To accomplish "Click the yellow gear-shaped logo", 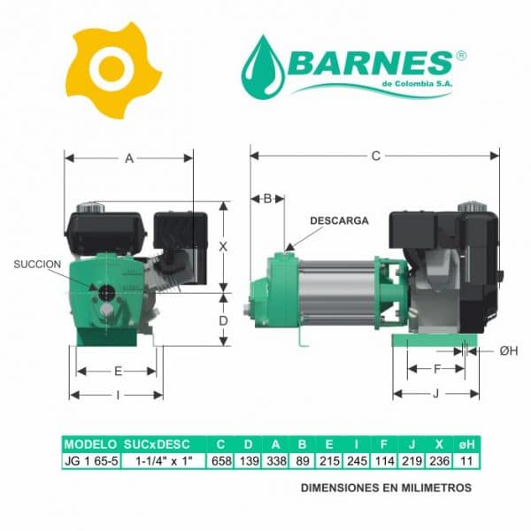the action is coord(112,71).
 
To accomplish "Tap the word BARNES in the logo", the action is coord(370,64).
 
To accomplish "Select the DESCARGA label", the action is coord(339,220).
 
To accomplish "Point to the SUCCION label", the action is coord(37,265).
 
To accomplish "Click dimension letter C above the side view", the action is coord(376,156).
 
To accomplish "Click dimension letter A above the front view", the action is coord(129,158).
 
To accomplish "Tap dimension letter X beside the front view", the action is coord(223,247).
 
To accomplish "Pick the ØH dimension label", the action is coord(509,351).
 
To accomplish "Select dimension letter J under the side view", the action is coord(436,394).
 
